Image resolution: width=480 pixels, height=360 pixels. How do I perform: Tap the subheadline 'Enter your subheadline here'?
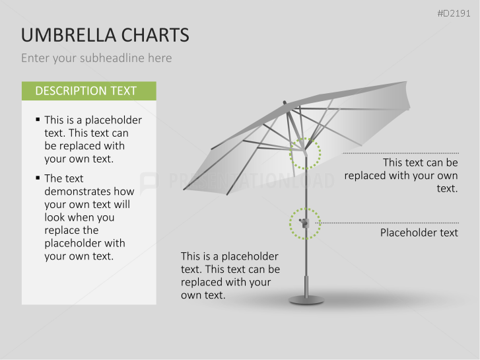click(x=96, y=58)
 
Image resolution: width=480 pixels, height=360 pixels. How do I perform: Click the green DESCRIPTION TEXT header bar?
click(x=88, y=91)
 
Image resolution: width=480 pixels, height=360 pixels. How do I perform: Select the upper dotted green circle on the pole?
click(x=305, y=153)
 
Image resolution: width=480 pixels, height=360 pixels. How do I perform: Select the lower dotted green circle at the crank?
click(x=304, y=223)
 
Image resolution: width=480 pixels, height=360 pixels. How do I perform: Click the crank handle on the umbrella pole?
click(x=302, y=223)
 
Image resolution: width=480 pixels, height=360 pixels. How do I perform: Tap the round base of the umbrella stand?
click(x=306, y=301)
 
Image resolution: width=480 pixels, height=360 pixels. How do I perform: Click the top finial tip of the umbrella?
click(x=285, y=102)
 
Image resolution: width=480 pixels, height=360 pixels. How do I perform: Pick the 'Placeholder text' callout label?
click(x=419, y=233)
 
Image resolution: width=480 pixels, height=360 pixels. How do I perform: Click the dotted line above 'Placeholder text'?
click(x=390, y=223)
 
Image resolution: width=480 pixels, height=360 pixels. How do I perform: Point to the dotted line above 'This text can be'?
click(x=400, y=153)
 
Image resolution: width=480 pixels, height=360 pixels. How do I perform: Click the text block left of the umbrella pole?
click(x=230, y=275)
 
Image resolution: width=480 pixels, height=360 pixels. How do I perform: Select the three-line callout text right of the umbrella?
click(x=401, y=175)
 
